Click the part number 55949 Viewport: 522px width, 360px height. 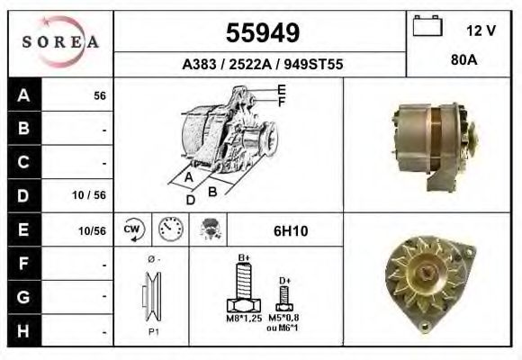[x=261, y=33]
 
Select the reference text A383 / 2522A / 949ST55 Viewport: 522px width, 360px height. [x=261, y=65]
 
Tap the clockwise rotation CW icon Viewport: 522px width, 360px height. [x=131, y=229]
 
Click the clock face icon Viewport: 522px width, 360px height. [x=169, y=229]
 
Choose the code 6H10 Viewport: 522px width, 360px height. [x=290, y=230]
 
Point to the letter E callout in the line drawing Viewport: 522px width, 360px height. [x=281, y=89]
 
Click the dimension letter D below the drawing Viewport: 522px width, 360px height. [x=191, y=201]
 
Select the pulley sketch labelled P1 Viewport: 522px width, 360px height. [x=150, y=297]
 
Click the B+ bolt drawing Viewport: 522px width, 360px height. [x=243, y=288]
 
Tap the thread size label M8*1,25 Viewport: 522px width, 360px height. [x=243, y=319]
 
